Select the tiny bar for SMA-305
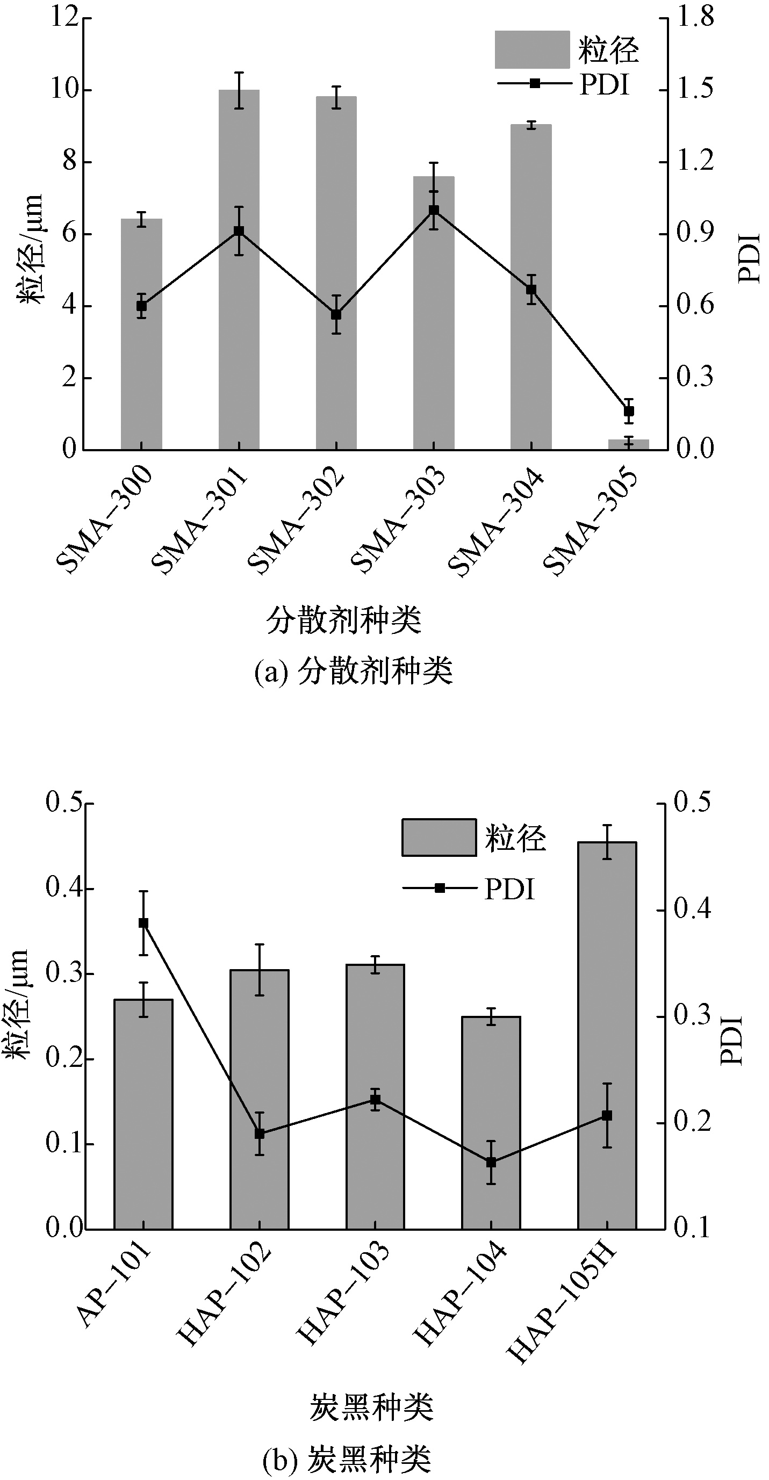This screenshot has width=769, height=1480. (628, 444)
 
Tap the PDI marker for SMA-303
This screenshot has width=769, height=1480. (434, 210)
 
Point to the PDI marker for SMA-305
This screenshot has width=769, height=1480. (629, 411)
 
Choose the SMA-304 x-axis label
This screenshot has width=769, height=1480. (495, 521)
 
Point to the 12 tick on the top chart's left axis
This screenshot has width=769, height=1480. (64, 17)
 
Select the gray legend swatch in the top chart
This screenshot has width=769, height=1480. (531, 49)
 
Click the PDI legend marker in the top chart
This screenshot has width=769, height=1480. (535, 83)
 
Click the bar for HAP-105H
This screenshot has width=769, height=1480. (607, 1034)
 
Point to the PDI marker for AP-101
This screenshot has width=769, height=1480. (143, 923)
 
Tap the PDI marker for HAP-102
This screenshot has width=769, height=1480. (260, 1134)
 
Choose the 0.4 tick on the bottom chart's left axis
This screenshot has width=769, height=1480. (63, 888)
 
